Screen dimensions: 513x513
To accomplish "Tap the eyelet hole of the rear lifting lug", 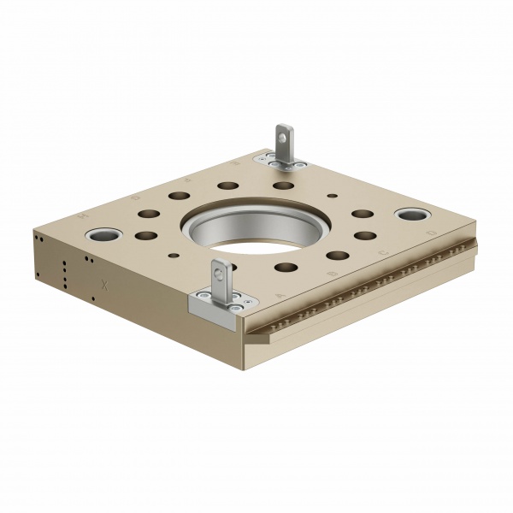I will tap(282, 135).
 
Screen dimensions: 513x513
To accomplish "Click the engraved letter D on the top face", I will tap(430, 233).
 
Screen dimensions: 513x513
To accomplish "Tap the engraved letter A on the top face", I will tap(281, 295).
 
